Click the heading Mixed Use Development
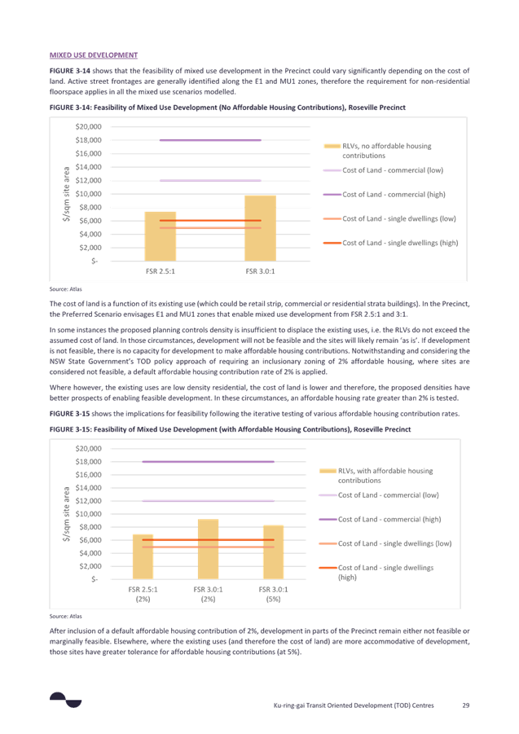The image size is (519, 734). [x=93, y=55]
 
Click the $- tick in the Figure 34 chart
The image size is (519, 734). [x=96, y=261]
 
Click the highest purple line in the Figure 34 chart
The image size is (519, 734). [x=209, y=140]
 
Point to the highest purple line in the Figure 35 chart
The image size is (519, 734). [x=208, y=462]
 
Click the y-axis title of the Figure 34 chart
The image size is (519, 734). [x=65, y=194]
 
